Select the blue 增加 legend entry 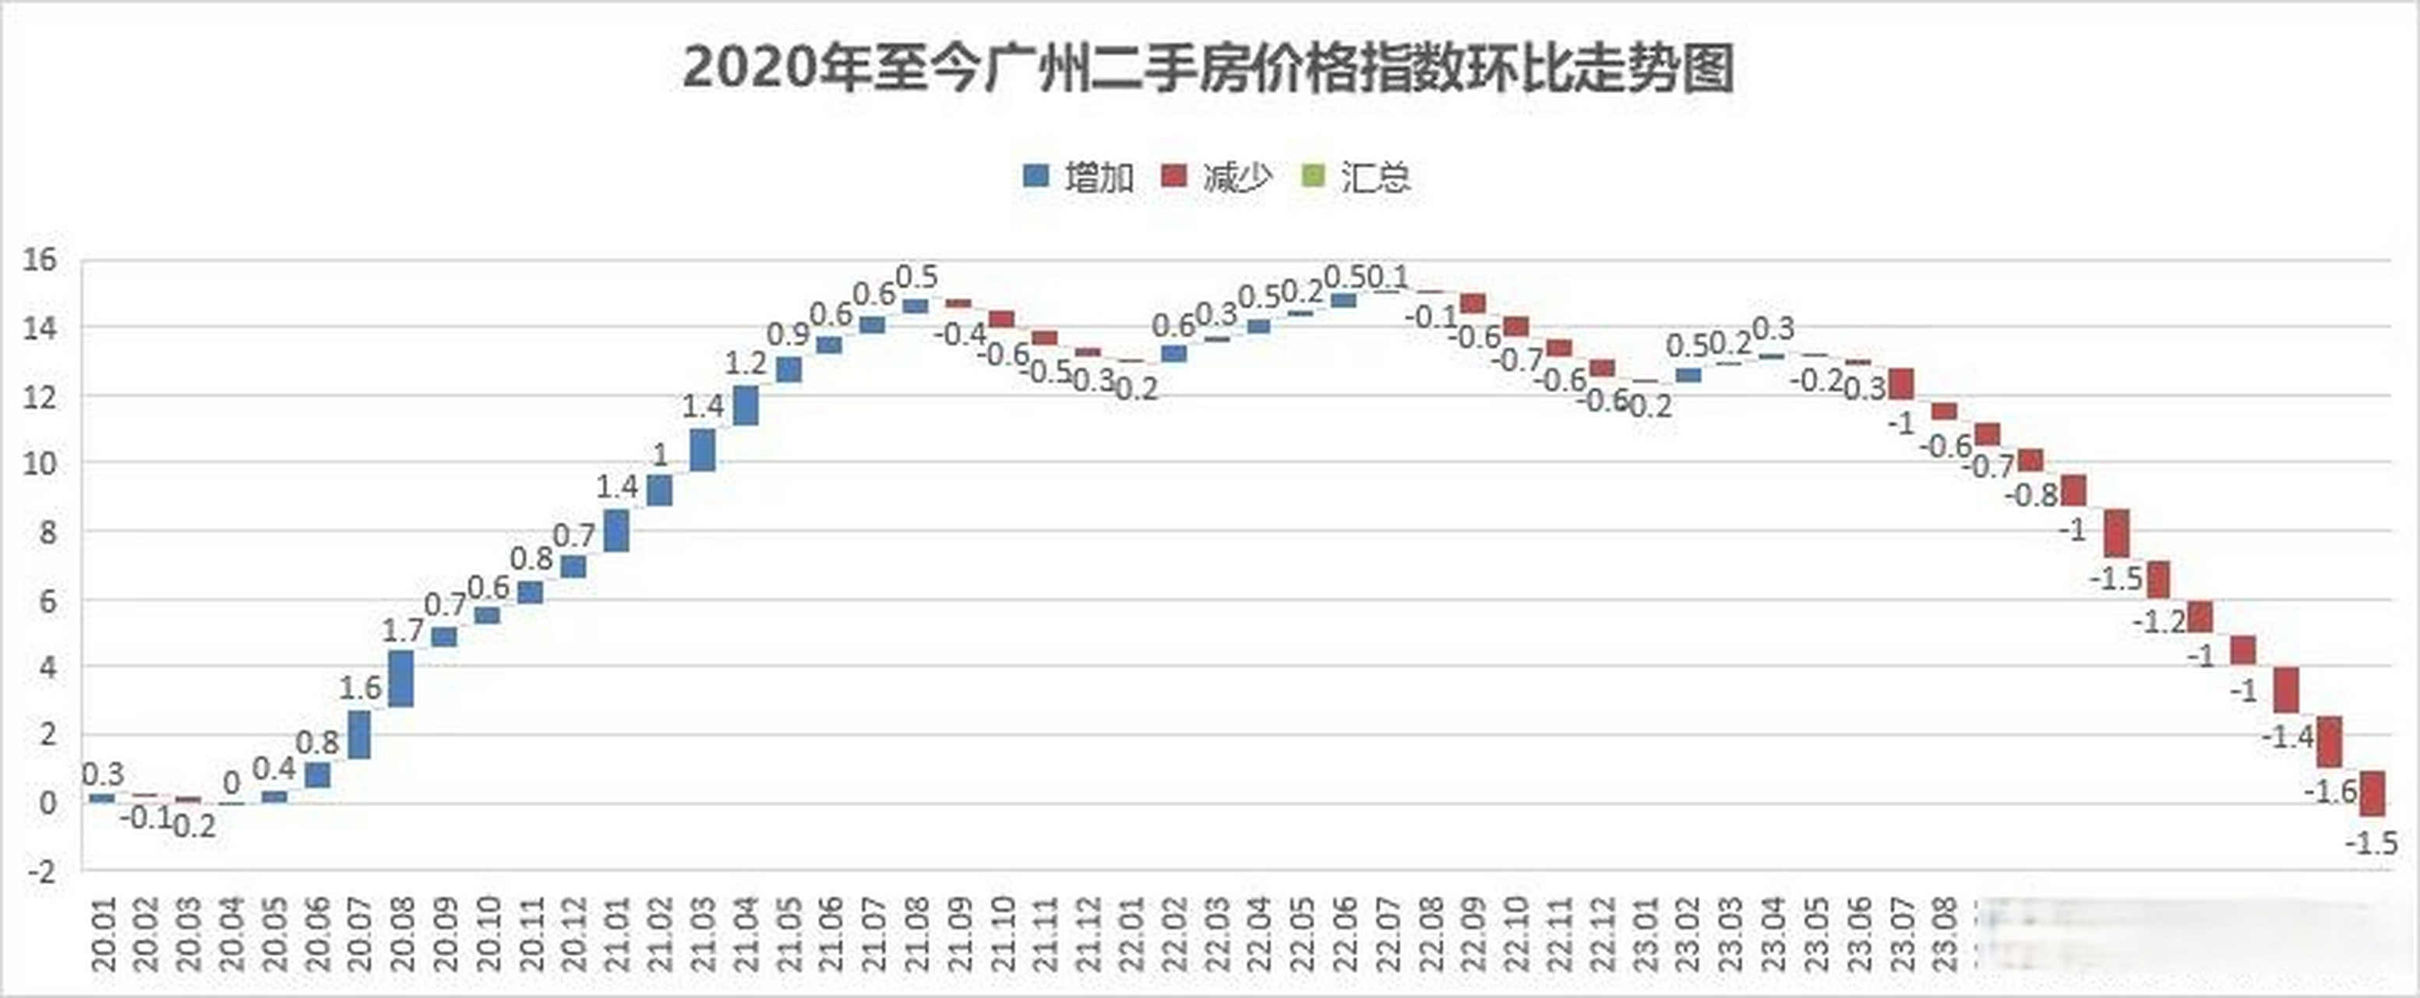coord(1078,177)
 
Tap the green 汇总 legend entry coord(1356,177)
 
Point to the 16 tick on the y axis coord(41,260)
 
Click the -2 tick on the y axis coord(41,871)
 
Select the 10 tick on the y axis coord(41,463)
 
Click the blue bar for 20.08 coord(401,678)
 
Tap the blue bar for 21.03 coord(703,450)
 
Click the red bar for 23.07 coord(1903,384)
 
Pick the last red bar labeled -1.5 coord(2373,793)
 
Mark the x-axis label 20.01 coord(104,935)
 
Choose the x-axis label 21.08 coord(918,935)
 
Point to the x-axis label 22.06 coord(1346,935)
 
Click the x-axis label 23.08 coord(1945,935)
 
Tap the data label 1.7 coord(402,631)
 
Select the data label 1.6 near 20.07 coord(360,688)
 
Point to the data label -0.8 coord(2031,495)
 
